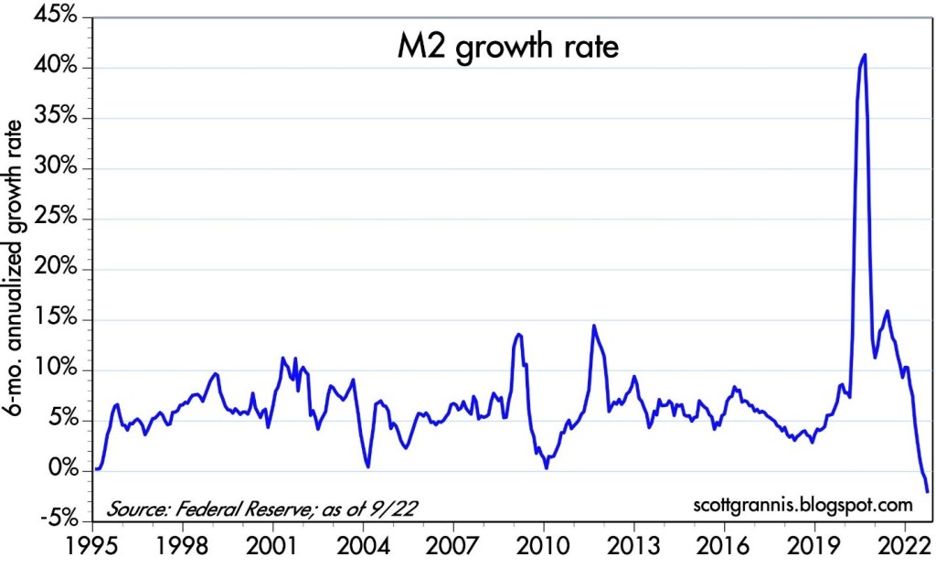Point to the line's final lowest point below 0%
[928, 492]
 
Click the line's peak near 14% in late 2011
[594, 326]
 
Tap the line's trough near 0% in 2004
[367, 466]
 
